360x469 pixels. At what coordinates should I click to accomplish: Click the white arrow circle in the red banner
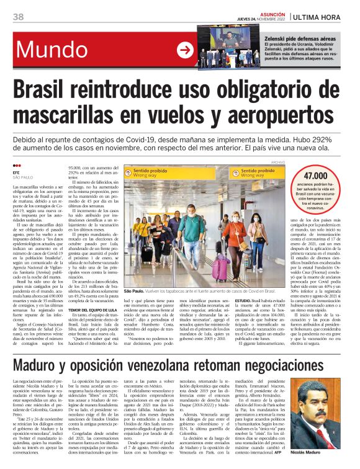(185, 50)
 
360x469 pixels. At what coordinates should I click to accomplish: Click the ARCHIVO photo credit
(268, 161)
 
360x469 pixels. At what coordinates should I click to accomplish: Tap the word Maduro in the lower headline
(43, 366)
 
